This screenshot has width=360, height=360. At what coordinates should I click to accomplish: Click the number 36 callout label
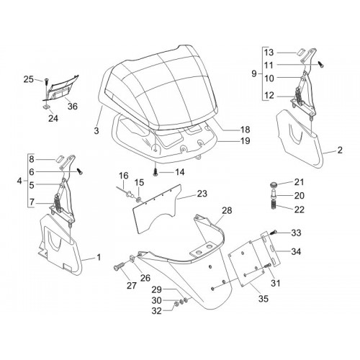coord(73,106)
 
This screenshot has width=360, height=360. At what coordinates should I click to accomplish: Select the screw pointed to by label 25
coord(46,81)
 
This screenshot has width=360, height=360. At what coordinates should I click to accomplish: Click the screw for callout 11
coord(321,64)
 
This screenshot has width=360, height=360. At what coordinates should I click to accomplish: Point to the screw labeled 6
coord(79,171)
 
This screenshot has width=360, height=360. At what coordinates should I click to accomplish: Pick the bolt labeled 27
coord(119,266)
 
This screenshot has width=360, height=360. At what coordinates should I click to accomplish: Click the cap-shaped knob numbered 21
coord(274,185)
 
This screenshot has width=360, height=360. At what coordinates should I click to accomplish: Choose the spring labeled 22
coord(274,205)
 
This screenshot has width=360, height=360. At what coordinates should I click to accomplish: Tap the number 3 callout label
coord(96,130)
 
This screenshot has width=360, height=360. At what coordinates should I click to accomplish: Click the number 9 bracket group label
coord(254,73)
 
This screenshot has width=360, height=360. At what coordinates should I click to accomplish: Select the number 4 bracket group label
coord(19,181)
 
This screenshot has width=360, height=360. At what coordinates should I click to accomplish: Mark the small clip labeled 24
coord(45,106)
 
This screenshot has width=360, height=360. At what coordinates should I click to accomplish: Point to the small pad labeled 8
coord(60,159)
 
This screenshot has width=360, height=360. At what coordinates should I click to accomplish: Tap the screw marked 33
coord(274,232)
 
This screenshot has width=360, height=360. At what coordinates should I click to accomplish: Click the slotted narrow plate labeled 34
coord(271,249)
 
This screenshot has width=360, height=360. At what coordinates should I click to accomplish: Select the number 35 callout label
coord(263,299)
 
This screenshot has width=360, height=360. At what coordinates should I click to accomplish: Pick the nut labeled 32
coord(176,305)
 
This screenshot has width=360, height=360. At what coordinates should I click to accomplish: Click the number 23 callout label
coord(202,194)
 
